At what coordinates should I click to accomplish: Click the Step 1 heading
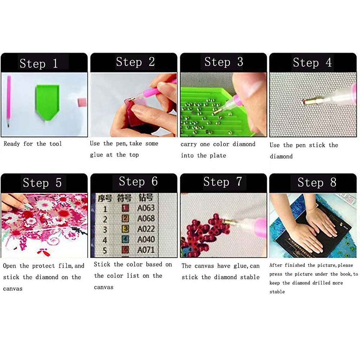click(x=39, y=64)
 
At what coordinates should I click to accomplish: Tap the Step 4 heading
click(x=312, y=63)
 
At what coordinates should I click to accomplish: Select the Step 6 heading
click(x=138, y=181)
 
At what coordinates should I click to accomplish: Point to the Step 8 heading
click(x=317, y=182)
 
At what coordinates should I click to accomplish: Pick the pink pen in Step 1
click(x=8, y=100)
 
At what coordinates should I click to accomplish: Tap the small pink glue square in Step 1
click(x=82, y=102)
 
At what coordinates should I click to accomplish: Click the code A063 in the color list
click(x=146, y=208)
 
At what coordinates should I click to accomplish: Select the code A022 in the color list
click(x=146, y=229)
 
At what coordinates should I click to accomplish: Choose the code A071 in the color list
click(x=146, y=250)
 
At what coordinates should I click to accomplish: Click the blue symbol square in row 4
click(x=125, y=239)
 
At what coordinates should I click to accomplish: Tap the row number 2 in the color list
click(x=105, y=219)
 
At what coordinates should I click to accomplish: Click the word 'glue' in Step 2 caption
click(x=96, y=155)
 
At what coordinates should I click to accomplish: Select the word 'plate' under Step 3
click(x=218, y=156)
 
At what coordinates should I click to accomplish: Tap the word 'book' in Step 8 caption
click(x=345, y=274)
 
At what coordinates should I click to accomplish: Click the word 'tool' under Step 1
click(x=55, y=144)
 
